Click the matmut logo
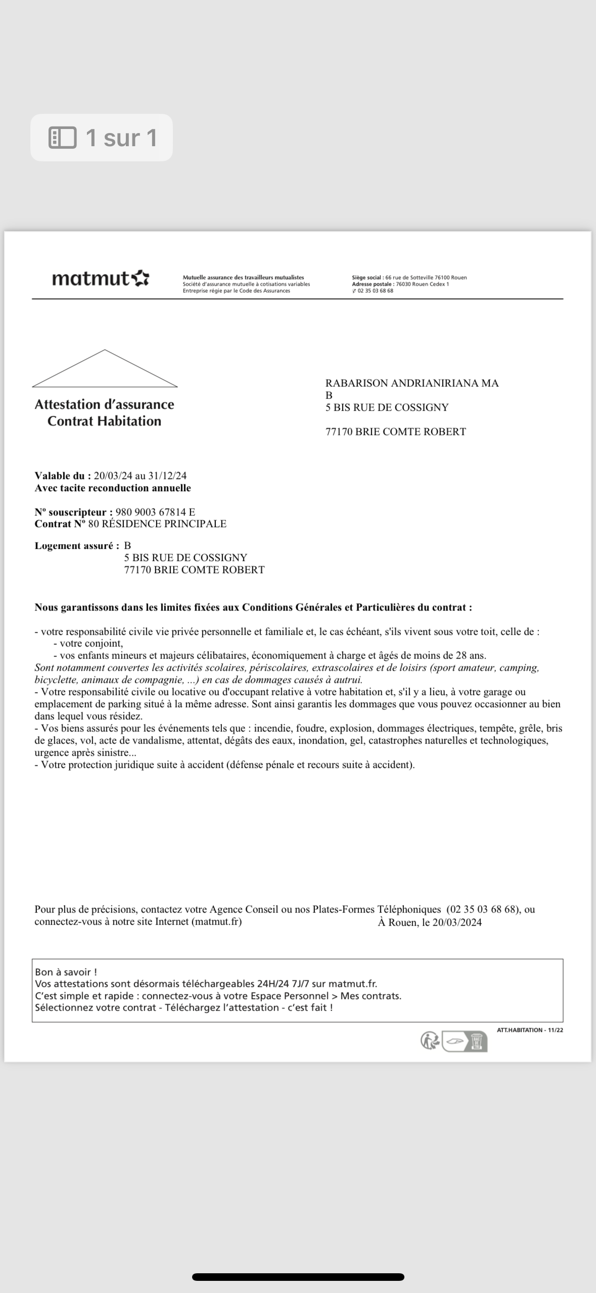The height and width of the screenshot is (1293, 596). [100, 279]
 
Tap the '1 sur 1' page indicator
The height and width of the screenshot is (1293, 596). [121, 138]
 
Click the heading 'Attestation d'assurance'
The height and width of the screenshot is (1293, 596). [104, 405]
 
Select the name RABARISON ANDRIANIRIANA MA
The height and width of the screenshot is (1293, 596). [412, 383]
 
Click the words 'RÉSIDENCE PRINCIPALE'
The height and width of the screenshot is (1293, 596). [164, 524]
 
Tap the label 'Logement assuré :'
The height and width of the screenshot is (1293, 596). [77, 546]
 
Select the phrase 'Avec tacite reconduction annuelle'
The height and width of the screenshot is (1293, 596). [113, 488]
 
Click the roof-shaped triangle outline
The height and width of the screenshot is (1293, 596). [105, 369]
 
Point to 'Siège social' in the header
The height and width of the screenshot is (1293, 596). [368, 278]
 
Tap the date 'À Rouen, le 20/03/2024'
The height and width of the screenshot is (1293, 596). [430, 922]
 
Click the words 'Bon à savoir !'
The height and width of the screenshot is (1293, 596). [66, 972]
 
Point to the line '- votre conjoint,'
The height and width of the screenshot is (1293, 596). [88, 644]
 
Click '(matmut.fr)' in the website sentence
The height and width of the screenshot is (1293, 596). [216, 922]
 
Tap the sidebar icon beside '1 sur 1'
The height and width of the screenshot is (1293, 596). [62, 138]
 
